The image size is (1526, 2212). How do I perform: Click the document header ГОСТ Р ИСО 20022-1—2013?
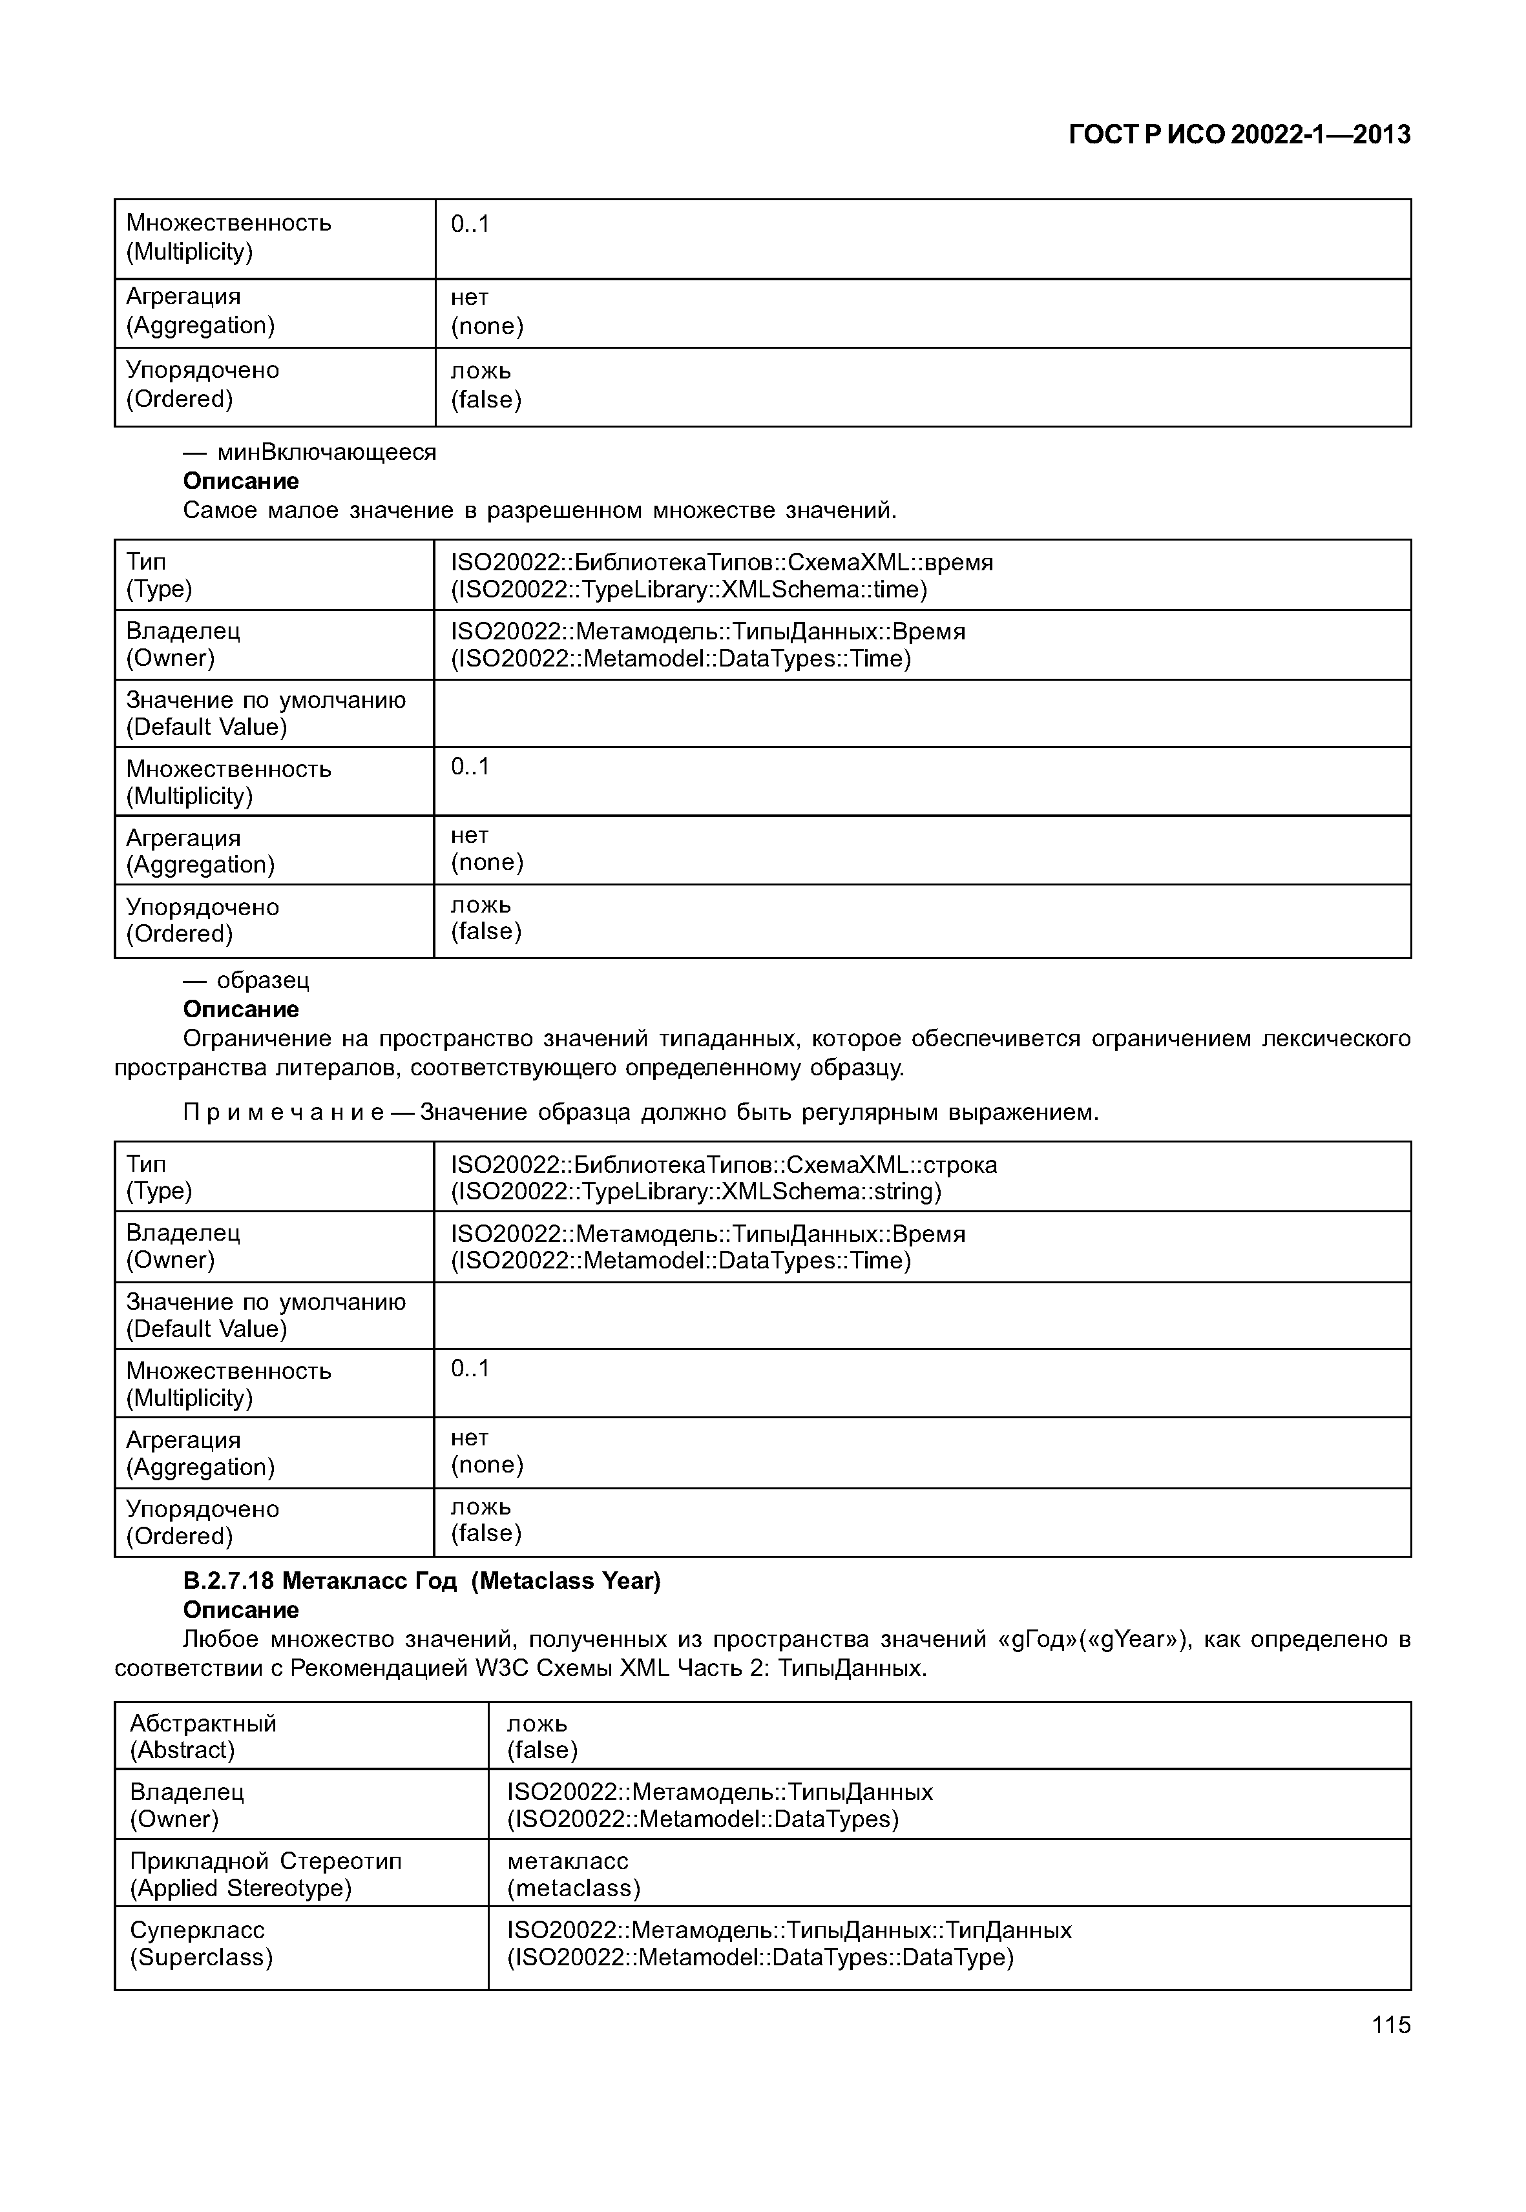click(1239, 135)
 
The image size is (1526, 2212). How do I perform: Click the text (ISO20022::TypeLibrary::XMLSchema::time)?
click(689, 590)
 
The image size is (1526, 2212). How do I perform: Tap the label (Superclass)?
click(202, 1957)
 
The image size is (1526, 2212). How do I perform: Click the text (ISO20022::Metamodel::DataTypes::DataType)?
click(760, 1957)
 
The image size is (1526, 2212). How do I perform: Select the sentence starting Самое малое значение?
click(539, 510)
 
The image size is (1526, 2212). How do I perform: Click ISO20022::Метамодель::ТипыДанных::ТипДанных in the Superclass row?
click(789, 1930)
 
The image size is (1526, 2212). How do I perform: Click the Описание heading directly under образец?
click(241, 1009)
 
